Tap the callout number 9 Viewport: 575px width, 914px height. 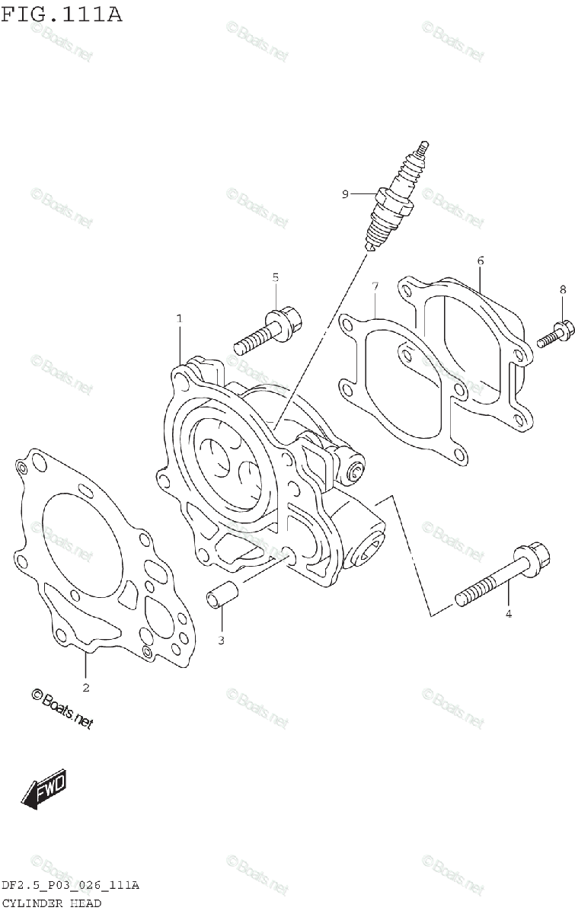[x=345, y=195]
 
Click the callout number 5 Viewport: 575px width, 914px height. [x=276, y=276]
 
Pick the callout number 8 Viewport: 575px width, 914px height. [x=563, y=289]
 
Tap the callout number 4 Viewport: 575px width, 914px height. [x=510, y=613]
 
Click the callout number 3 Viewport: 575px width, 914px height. [x=221, y=640]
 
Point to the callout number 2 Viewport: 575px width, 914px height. [x=86, y=688]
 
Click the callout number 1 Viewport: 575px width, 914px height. [x=180, y=318]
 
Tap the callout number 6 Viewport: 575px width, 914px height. [x=481, y=261]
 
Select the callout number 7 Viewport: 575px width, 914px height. [x=375, y=286]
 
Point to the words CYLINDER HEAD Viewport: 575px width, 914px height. [x=51, y=903]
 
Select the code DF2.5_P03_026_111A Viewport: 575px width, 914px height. [x=69, y=885]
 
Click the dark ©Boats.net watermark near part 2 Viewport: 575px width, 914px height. [x=62, y=709]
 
